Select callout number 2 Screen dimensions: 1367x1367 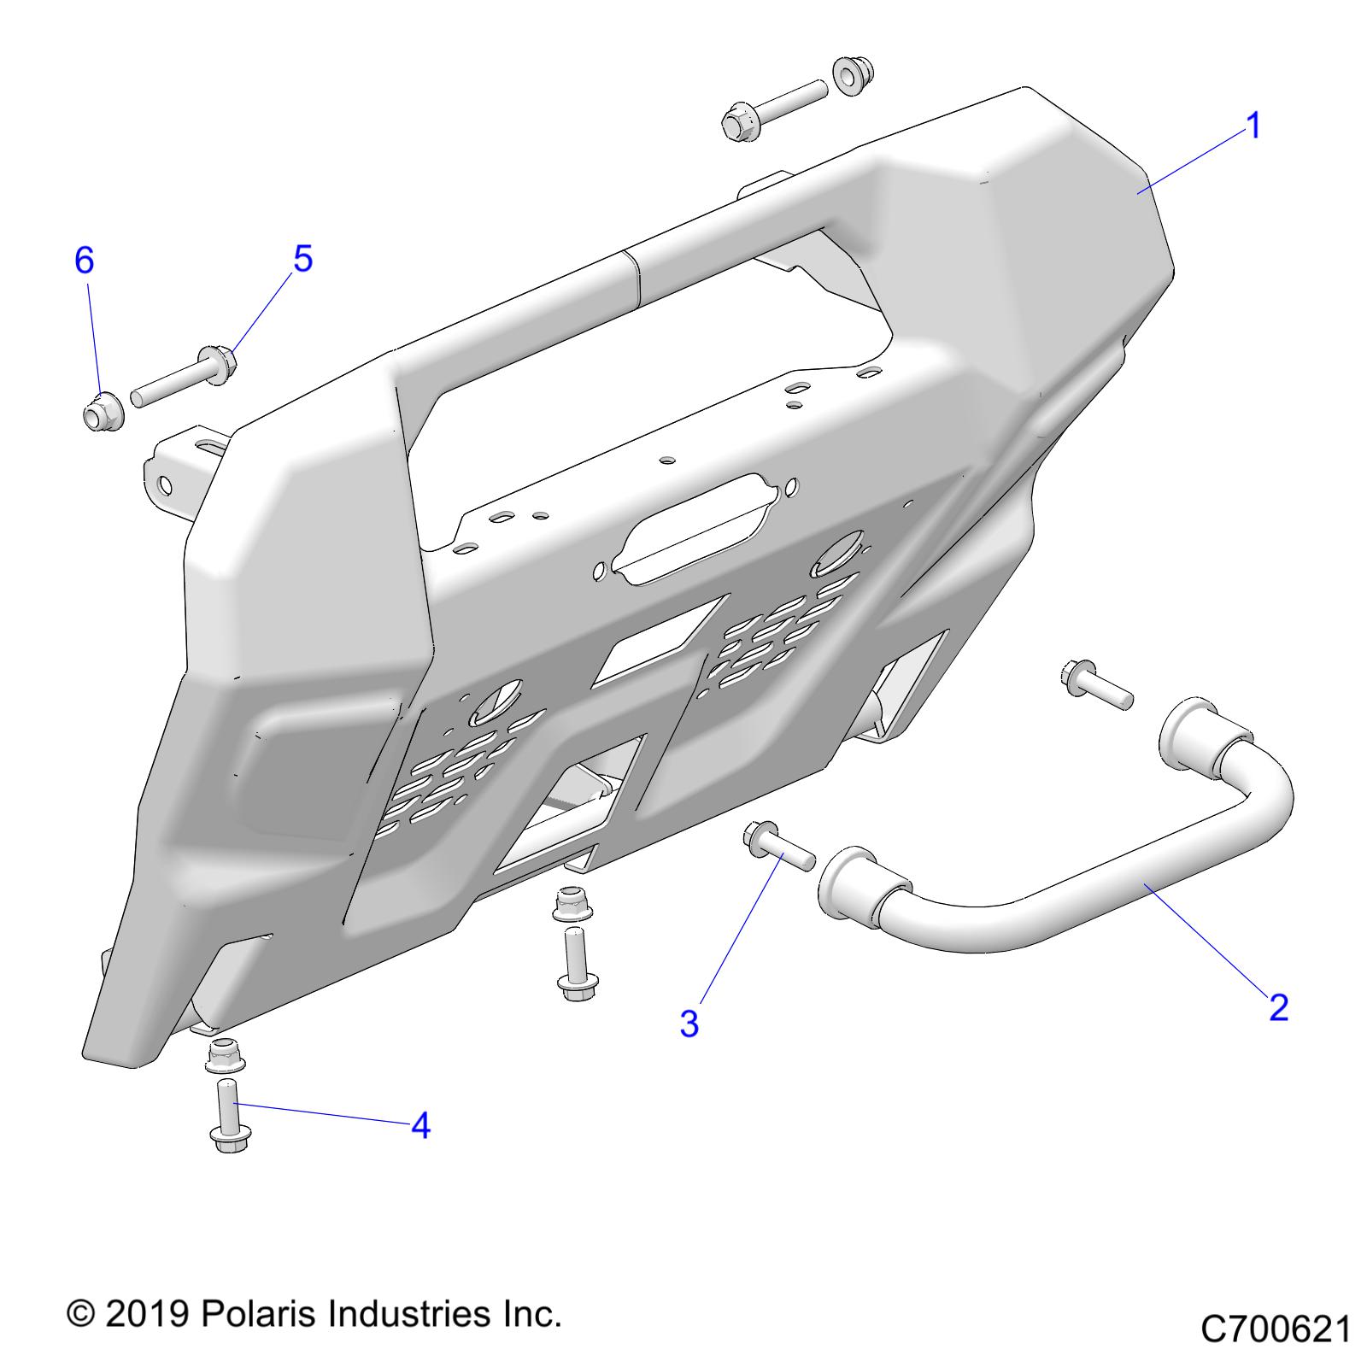coord(1278,1007)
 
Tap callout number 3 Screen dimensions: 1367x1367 coord(689,1024)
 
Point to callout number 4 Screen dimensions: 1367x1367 coord(420,1126)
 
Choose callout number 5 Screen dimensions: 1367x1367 coord(303,259)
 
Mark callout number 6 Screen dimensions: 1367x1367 coord(84,260)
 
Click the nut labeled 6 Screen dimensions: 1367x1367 coord(103,412)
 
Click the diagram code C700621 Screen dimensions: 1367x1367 coord(1275,1329)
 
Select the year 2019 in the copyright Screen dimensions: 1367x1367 coord(146,1314)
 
